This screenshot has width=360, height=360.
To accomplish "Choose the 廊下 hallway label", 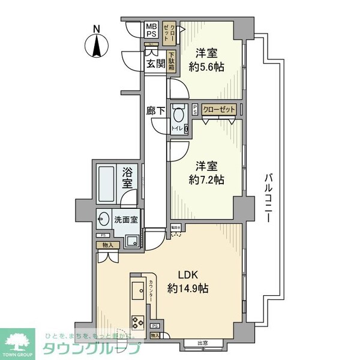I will point(155,110).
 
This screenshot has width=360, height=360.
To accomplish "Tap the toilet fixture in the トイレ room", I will point(178,115).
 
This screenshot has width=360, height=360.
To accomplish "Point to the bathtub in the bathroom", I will point(107,183).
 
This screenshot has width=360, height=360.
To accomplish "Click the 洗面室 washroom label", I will point(126,219).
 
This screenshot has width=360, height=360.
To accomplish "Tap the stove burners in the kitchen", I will point(135,319).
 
